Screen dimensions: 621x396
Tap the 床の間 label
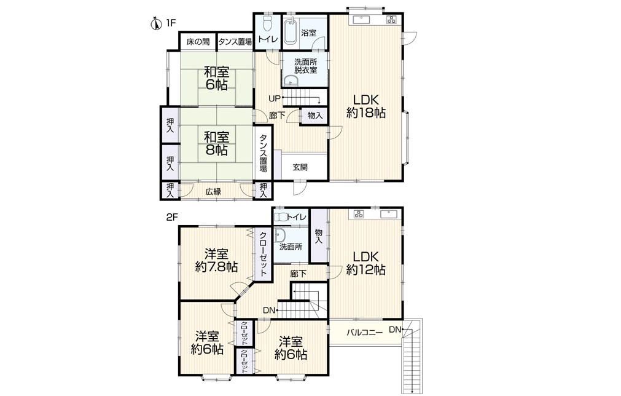click(x=198, y=42)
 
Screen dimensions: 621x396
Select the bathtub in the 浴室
click(x=291, y=30)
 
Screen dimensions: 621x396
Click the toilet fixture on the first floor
click(x=267, y=24)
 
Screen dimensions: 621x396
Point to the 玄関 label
click(x=300, y=167)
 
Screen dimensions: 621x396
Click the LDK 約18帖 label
click(x=366, y=106)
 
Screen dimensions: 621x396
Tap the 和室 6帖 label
click(x=216, y=78)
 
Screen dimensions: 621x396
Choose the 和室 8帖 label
click(x=216, y=143)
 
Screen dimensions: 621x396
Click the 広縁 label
click(x=213, y=192)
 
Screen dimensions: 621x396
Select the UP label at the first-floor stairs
click(x=274, y=98)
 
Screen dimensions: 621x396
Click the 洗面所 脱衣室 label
click(x=305, y=66)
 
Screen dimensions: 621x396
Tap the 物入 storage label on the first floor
click(x=315, y=116)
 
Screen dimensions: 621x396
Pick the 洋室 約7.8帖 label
click(x=216, y=261)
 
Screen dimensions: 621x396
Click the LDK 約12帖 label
click(x=366, y=263)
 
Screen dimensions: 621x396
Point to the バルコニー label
click(x=364, y=332)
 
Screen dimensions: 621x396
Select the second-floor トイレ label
click(x=297, y=217)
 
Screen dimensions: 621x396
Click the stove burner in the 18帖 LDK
click(x=392, y=20)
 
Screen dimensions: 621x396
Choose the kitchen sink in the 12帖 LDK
click(x=389, y=215)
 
